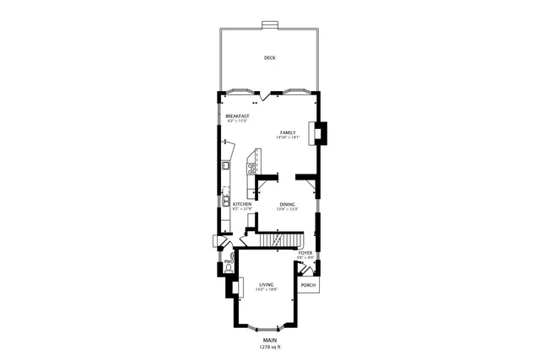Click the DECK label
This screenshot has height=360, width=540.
point(269,58)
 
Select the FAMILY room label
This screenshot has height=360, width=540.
point(289,132)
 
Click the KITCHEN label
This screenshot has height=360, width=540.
point(242,204)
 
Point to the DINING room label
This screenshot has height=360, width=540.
point(287,204)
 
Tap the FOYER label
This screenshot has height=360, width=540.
point(305,252)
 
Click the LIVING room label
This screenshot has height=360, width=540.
point(267,285)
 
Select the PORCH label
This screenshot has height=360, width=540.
point(309,285)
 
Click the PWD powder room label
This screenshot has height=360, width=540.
point(228,261)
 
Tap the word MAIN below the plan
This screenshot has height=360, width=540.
point(269,341)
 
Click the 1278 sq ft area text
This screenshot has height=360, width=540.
point(269,347)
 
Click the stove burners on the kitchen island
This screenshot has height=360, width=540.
point(251,167)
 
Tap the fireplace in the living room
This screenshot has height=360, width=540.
point(229,287)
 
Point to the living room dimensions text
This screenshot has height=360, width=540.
point(267,290)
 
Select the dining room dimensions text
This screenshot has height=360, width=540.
point(288,209)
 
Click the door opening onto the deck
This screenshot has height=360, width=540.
point(267,95)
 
